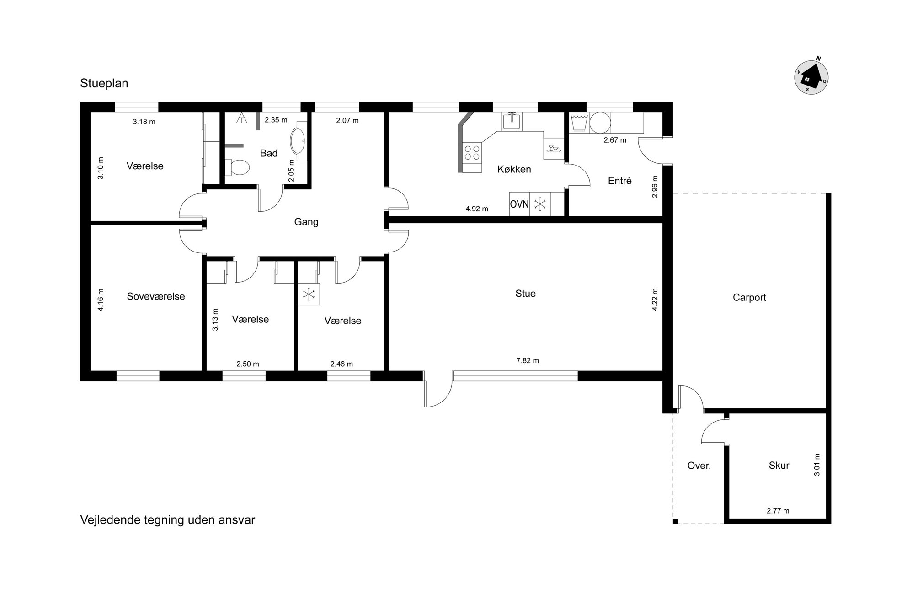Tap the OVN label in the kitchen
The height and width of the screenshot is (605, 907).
(x=519, y=204)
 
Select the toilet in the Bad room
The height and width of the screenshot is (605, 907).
(x=238, y=167)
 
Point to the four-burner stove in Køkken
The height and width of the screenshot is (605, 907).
(x=472, y=152)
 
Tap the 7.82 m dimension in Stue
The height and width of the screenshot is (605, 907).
(x=528, y=360)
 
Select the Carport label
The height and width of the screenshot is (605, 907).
(x=749, y=297)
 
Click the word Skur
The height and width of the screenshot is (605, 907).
(x=779, y=466)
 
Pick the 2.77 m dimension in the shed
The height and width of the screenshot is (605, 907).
(x=778, y=511)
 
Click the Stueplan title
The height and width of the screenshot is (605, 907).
(x=104, y=83)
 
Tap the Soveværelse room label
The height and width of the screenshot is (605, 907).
(x=156, y=296)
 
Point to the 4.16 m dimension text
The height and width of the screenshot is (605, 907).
(x=101, y=300)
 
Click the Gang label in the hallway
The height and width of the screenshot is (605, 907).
(x=306, y=222)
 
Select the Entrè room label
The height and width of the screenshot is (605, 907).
(x=620, y=181)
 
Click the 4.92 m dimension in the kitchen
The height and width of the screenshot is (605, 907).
(x=477, y=209)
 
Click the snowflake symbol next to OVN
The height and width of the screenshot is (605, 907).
(x=540, y=204)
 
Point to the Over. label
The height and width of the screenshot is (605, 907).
(x=699, y=466)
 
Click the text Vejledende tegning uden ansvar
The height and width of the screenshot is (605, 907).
(x=168, y=520)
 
